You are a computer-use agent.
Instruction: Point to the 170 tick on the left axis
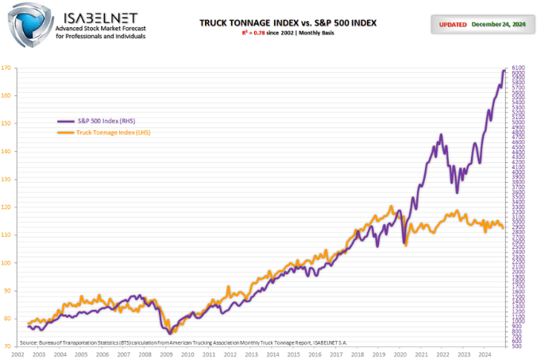coord(6,68)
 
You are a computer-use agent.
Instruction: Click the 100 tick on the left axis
coord(6,263)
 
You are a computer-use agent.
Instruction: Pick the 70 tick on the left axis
coord(6,346)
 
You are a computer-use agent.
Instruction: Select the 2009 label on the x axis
coord(167,354)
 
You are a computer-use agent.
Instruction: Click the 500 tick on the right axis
coord(516,346)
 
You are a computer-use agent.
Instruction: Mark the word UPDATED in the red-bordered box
coord(451,24)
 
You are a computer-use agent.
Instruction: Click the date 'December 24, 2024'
coord(498,24)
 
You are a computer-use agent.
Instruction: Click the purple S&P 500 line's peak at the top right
coord(503,71)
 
